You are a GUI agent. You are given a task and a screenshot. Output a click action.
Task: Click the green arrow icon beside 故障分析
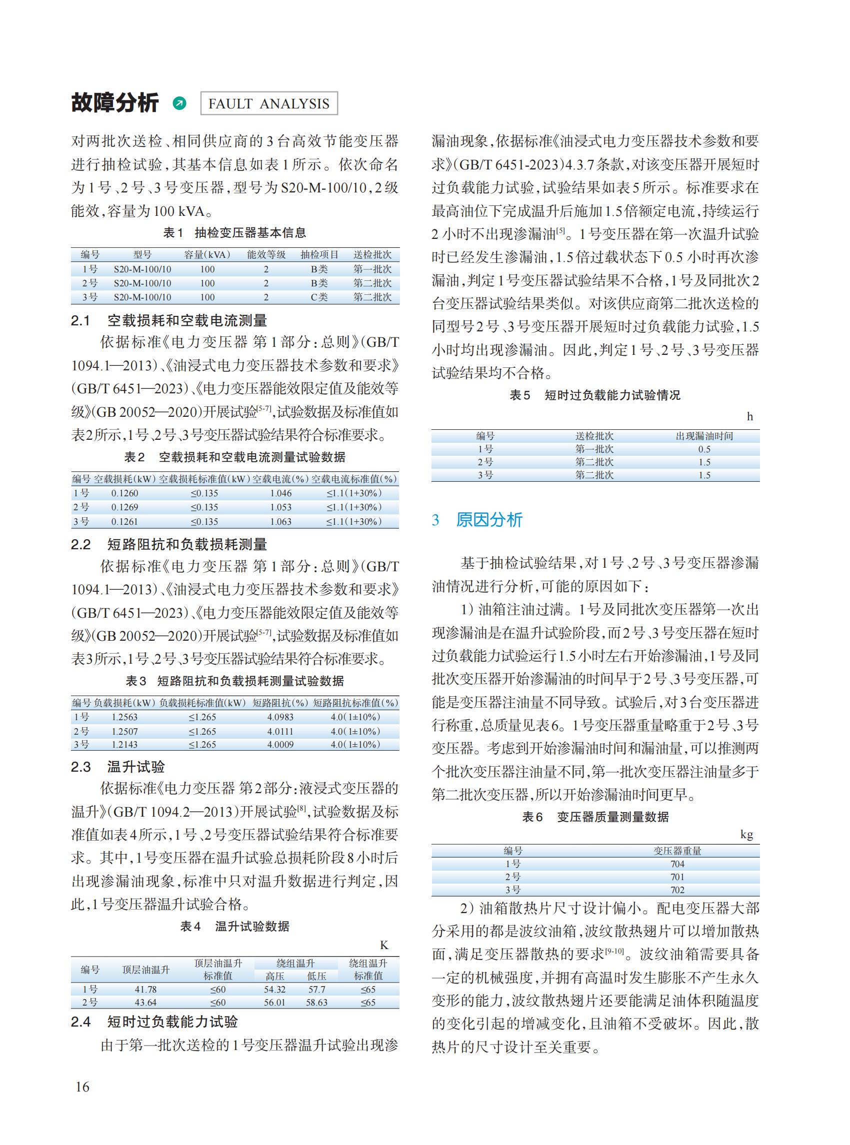pyautogui.click(x=179, y=103)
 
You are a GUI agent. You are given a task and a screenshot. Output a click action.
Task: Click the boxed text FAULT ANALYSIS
pyautogui.click(x=268, y=103)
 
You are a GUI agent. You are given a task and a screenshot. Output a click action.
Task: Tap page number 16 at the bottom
pyautogui.click(x=82, y=1087)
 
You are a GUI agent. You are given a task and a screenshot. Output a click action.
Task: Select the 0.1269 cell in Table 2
pyautogui.click(x=124, y=507)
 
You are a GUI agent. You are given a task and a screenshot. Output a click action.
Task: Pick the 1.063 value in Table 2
pyautogui.click(x=280, y=522)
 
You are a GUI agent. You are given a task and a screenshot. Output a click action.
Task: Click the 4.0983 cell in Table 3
pyautogui.click(x=280, y=717)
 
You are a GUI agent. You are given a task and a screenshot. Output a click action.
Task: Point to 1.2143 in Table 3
pyautogui.click(x=124, y=744)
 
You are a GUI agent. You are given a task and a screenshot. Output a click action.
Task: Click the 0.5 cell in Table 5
pyautogui.click(x=704, y=449)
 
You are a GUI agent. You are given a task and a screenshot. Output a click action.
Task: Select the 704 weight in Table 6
pyautogui.click(x=677, y=864)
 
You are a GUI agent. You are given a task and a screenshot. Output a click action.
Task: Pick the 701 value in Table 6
pyautogui.click(x=677, y=877)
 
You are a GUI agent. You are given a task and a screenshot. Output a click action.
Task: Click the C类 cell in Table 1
pyautogui.click(x=319, y=297)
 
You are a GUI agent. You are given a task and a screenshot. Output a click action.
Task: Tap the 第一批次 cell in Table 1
pyautogui.click(x=372, y=269)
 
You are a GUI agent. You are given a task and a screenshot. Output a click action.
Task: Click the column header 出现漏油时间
pyautogui.click(x=704, y=436)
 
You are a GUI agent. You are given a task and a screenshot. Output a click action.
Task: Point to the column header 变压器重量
pyautogui.click(x=677, y=851)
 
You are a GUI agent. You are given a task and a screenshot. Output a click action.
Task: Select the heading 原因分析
pyautogui.click(x=489, y=520)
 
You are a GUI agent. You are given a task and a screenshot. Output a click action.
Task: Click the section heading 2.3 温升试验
pyautogui.click(x=118, y=767)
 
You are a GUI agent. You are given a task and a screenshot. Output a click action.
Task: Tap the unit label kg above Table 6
pyautogui.click(x=746, y=834)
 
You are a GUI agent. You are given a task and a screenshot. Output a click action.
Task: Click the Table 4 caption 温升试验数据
pyautogui.click(x=251, y=927)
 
